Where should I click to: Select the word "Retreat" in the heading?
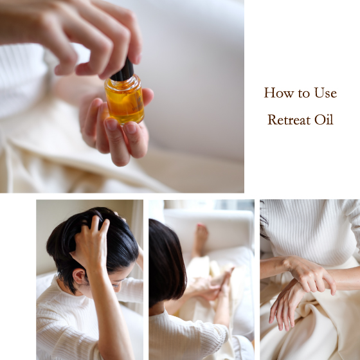tap(289, 120)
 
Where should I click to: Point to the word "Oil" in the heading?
tap(323, 120)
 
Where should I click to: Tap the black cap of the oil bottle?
tap(123, 70)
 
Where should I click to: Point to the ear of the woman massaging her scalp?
tap(78, 276)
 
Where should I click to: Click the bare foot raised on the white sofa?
tap(201, 239)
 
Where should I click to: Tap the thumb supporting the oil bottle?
tap(147, 96)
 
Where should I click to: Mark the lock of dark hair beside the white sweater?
tap(264, 221)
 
